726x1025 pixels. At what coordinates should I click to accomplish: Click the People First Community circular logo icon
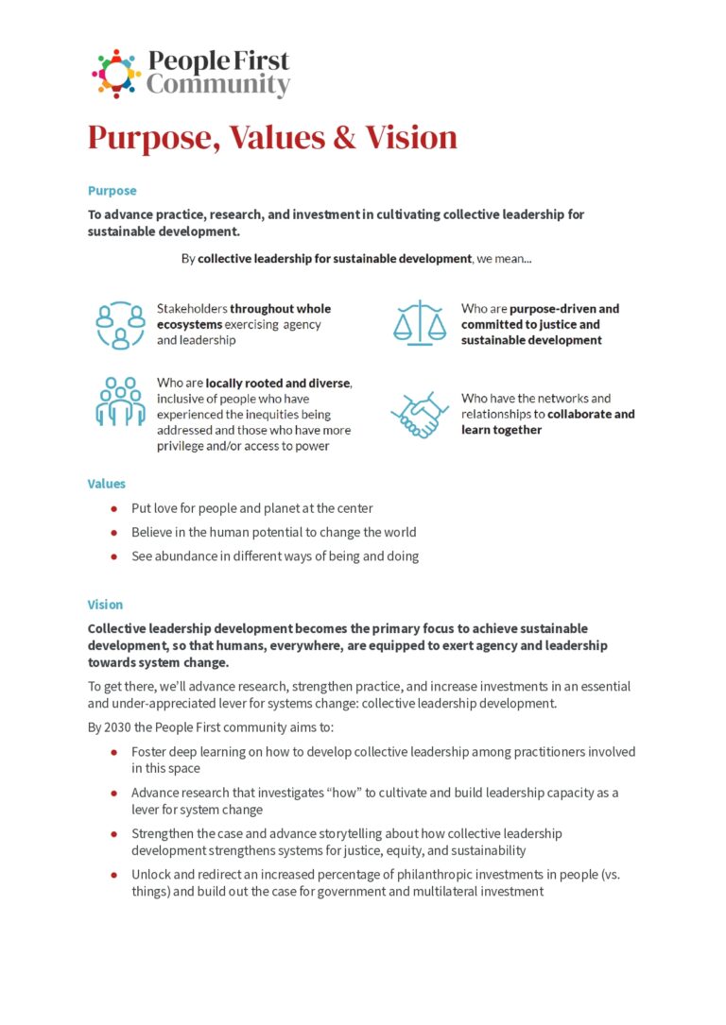[x=116, y=74]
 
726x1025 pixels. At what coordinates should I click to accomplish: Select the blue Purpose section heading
[x=112, y=191]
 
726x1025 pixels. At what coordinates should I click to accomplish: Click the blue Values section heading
[x=107, y=484]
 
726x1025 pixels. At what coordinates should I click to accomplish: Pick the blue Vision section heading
[x=105, y=605]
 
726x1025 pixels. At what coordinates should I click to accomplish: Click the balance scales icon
[x=419, y=322]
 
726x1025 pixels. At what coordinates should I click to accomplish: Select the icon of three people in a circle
[x=119, y=325]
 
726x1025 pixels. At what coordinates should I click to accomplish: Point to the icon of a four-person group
[x=119, y=401]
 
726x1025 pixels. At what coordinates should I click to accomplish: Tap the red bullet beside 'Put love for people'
[x=114, y=508]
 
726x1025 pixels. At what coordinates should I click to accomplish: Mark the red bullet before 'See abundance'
[x=114, y=556]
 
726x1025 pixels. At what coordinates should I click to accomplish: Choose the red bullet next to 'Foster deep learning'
[x=114, y=753]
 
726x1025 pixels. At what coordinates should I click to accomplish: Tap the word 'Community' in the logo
[x=217, y=86]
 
